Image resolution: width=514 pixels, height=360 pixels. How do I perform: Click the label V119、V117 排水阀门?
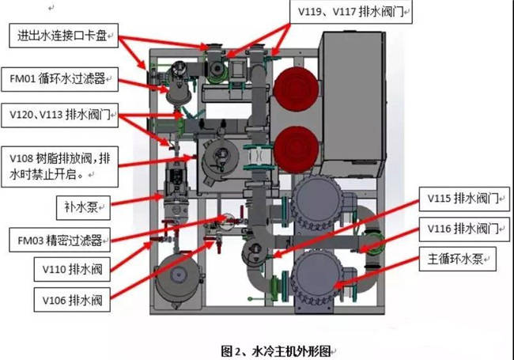click(351, 12)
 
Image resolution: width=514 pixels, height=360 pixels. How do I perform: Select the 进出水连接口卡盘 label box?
click(63, 36)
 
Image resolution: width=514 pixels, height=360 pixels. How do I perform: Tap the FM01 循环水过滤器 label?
click(59, 79)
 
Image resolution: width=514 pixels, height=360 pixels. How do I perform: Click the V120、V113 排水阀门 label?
click(59, 115)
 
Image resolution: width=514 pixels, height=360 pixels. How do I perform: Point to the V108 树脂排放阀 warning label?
click(59, 167)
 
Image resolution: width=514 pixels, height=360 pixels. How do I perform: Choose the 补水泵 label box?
click(83, 208)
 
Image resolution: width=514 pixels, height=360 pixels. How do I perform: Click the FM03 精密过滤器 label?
click(59, 240)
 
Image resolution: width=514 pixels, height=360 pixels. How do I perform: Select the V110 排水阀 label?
click(72, 270)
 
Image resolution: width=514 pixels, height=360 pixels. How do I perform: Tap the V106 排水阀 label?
click(72, 300)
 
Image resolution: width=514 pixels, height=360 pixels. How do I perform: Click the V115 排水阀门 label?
click(464, 199)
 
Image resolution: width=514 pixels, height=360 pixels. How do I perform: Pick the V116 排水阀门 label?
click(464, 229)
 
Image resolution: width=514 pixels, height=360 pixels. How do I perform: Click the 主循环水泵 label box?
click(458, 259)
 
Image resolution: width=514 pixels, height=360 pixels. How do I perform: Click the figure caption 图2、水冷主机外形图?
click(276, 351)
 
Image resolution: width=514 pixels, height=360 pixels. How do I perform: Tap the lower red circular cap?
click(297, 150)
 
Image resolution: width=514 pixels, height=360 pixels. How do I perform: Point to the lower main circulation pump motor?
click(316, 275)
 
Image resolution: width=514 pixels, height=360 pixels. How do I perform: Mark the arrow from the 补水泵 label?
click(138, 201)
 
